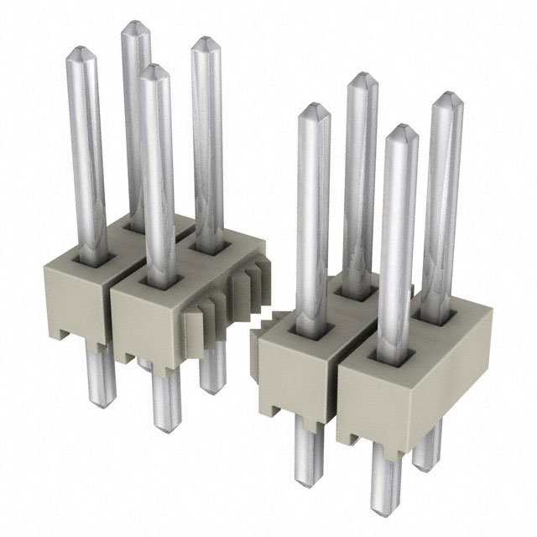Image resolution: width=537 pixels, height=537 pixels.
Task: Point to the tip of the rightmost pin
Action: [449, 99]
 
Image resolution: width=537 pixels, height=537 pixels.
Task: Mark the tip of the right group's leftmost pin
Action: [313, 109]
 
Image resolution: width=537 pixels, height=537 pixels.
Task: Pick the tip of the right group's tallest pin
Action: [360, 79]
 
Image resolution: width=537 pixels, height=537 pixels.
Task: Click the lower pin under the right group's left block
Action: [307, 482]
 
